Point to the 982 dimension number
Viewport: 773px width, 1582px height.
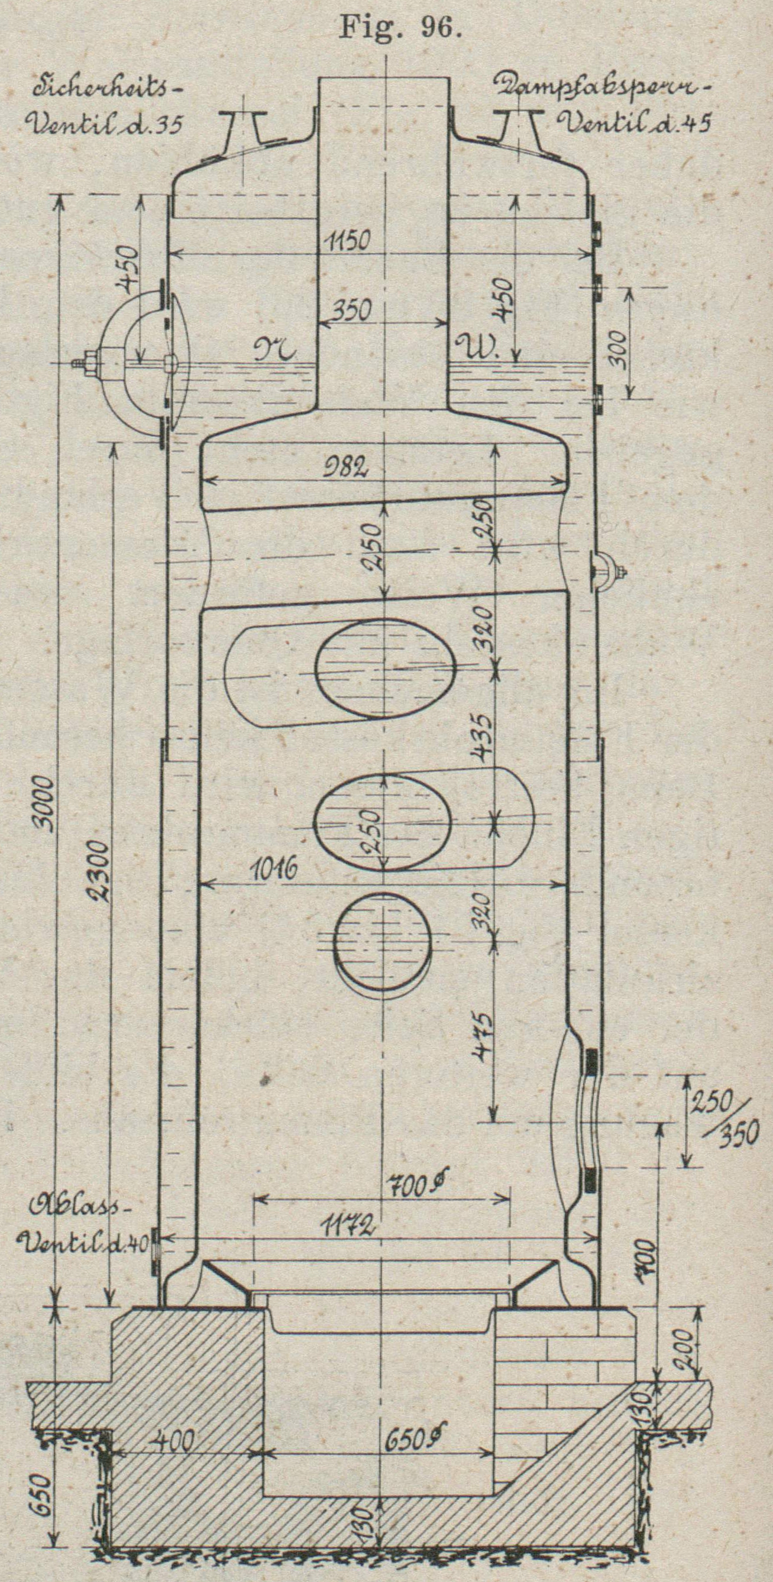click(347, 468)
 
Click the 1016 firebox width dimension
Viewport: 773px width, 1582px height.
click(274, 869)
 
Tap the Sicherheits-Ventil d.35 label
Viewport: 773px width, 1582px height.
click(104, 108)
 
